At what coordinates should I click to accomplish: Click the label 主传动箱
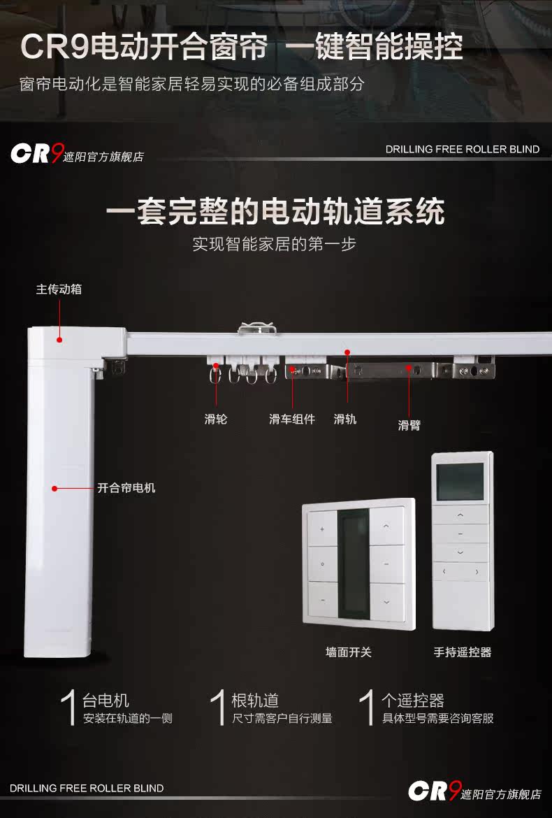point(59,289)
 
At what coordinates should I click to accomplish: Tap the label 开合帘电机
point(126,488)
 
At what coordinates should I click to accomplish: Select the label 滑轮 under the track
point(216,419)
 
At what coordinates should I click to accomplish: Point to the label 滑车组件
point(292,419)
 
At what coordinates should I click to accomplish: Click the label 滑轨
point(345,419)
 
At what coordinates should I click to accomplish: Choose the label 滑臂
point(409,425)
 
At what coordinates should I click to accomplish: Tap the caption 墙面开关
point(349,652)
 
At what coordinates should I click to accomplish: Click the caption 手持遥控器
point(462,652)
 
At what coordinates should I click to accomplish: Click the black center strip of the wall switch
point(353,563)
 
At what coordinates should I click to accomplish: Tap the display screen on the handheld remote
point(460,481)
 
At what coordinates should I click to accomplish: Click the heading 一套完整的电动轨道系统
point(275,210)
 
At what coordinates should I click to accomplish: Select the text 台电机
point(106,701)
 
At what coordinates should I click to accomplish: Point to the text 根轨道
point(255,701)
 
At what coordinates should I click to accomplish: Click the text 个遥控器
point(412,701)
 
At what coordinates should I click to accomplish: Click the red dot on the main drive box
point(60,340)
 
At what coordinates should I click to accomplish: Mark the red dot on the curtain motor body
point(53,488)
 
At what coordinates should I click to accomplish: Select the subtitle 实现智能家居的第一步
point(275,245)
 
